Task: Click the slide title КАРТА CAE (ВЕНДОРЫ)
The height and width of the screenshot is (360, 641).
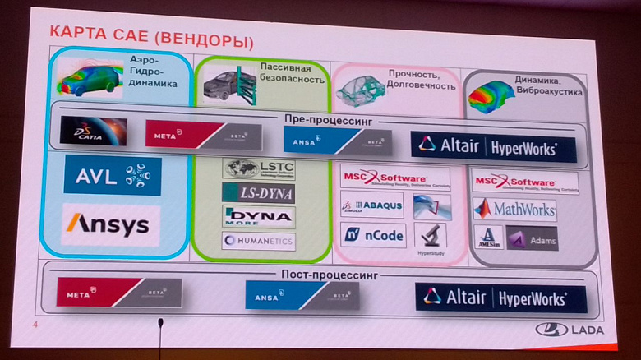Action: pos(148,36)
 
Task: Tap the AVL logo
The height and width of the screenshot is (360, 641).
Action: pos(113,175)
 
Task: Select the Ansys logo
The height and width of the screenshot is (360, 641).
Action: pos(111,224)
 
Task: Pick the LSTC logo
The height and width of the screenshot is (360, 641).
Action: pos(258,169)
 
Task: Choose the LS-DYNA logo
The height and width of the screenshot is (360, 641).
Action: pos(258,193)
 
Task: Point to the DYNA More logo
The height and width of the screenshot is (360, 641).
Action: pos(258,217)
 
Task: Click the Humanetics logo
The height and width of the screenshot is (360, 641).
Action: pos(258,241)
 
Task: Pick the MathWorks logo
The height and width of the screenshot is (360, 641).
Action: pos(514,209)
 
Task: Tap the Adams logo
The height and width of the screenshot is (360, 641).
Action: pos(533,238)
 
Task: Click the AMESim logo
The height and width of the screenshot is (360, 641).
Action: pos(489,238)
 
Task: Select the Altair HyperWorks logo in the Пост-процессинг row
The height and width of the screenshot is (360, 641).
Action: pos(501,298)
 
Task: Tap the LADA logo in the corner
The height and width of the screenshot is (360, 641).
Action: pos(570,330)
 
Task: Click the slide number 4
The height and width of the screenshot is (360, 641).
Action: pos(35,326)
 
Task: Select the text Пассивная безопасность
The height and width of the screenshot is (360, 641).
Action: pos(285,75)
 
